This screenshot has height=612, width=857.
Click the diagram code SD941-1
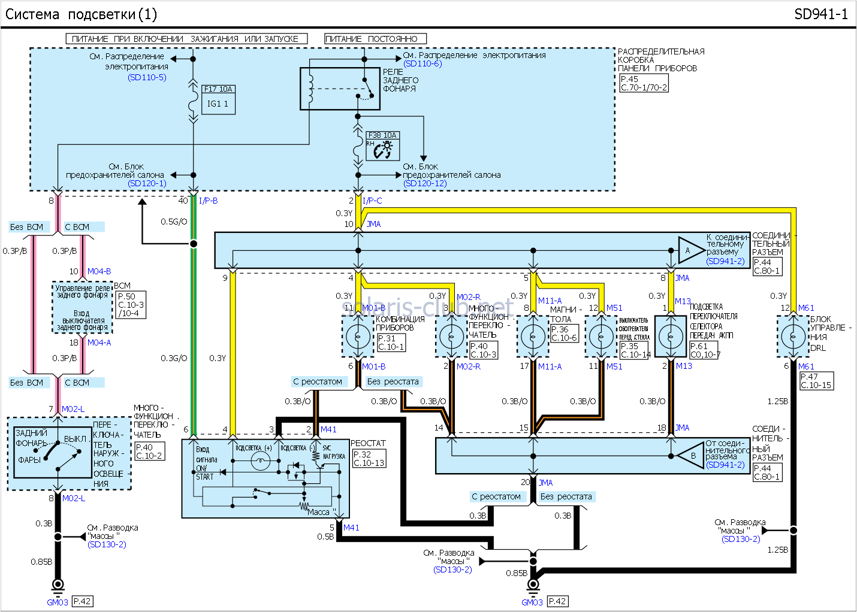pyautogui.click(x=820, y=14)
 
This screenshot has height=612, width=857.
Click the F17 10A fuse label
pyautogui.click(x=218, y=89)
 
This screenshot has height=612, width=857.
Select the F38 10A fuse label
pyautogui.click(x=382, y=135)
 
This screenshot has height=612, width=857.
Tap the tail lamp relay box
pyautogui.click(x=340, y=89)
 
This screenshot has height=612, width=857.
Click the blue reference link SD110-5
pyautogui.click(x=147, y=77)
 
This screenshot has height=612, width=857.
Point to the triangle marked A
pyautogui.click(x=690, y=250)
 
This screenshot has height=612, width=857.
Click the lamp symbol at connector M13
pyautogui.click(x=670, y=337)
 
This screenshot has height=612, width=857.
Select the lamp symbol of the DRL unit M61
pyautogui.click(x=793, y=337)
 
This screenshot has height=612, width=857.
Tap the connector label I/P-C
pyautogui.click(x=372, y=201)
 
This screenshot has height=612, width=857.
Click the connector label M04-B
pyautogui.click(x=99, y=271)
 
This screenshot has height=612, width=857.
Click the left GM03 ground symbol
pyautogui.click(x=58, y=584)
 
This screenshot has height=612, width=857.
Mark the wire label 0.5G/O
pyautogui.click(x=174, y=222)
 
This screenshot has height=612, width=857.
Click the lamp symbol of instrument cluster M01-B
pyautogui.click(x=358, y=337)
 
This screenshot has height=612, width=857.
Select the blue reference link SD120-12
pyautogui.click(x=425, y=183)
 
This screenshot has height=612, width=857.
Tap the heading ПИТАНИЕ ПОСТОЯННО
pyautogui.click(x=375, y=39)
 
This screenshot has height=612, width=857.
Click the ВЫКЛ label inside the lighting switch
pyautogui.click(x=75, y=439)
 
